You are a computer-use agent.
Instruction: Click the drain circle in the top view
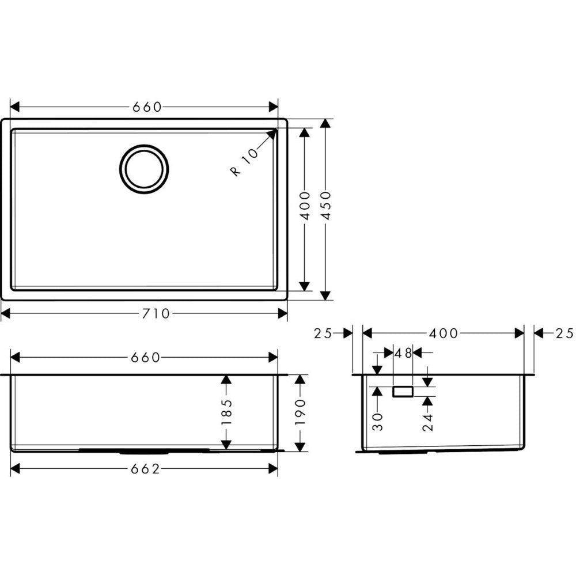pos(144,169)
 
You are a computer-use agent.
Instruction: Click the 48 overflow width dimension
pos(403,353)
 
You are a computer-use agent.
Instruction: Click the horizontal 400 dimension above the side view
pos(444,333)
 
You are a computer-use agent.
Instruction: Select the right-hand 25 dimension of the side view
pos(564,333)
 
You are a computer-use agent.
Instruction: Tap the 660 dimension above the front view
pos(145,358)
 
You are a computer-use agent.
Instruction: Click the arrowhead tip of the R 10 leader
pos(275,130)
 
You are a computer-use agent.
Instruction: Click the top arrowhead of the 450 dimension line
pos(326,122)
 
